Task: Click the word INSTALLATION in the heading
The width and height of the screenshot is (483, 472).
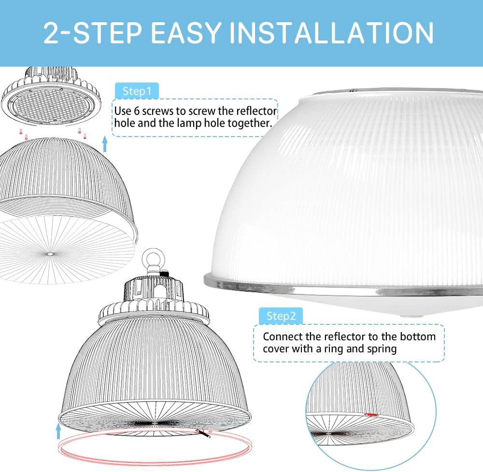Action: (x=331, y=32)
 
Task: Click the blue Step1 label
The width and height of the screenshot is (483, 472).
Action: (x=137, y=91)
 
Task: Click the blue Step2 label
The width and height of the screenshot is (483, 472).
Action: (x=281, y=316)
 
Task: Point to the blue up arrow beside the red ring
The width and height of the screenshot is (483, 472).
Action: (x=59, y=430)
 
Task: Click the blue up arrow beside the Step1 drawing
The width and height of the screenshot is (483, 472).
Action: (x=105, y=143)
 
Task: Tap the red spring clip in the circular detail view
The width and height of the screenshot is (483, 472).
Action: (x=371, y=414)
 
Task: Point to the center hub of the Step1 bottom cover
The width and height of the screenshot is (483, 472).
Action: (x=50, y=251)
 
